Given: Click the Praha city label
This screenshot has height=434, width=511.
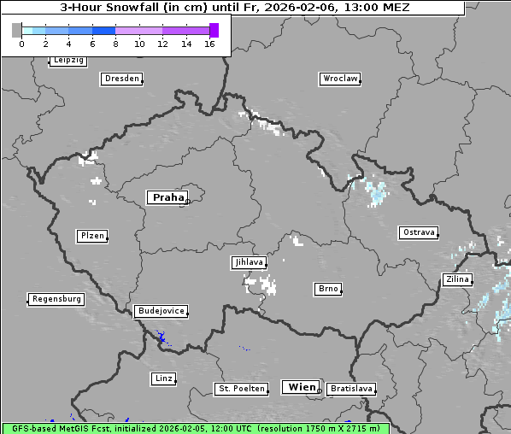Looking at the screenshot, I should pyautogui.click(x=167, y=197).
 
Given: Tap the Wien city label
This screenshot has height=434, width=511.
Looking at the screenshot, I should pyautogui.click(x=302, y=387).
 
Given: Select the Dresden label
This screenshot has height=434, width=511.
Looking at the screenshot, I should pyautogui.click(x=121, y=79).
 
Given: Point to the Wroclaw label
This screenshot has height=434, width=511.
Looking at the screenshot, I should pyautogui.click(x=340, y=79).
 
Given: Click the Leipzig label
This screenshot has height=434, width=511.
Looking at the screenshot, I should pyautogui.click(x=68, y=61).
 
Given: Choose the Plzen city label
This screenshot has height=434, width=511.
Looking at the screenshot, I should pyautogui.click(x=91, y=236).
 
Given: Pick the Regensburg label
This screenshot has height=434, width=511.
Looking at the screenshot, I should pyautogui.click(x=56, y=299).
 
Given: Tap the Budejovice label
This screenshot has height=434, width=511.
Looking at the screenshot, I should pyautogui.click(x=160, y=311).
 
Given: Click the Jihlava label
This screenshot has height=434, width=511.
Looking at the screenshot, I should pyautogui.click(x=249, y=263).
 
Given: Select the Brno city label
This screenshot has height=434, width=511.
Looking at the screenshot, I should pyautogui.click(x=328, y=289).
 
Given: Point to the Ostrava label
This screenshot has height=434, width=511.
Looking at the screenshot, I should pyautogui.click(x=419, y=232).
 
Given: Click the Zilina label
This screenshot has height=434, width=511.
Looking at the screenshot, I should pyautogui.click(x=457, y=279).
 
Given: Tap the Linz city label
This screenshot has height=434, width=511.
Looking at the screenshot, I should pyautogui.click(x=163, y=378).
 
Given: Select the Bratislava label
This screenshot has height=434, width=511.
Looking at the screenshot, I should pyautogui.click(x=351, y=389).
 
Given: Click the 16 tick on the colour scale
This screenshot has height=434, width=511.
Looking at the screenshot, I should pyautogui.click(x=209, y=44).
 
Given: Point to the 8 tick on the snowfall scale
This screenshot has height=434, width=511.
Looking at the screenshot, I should pyautogui.click(x=115, y=44).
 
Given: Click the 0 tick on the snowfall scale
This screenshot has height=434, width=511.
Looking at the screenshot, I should pyautogui.click(x=21, y=44).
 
